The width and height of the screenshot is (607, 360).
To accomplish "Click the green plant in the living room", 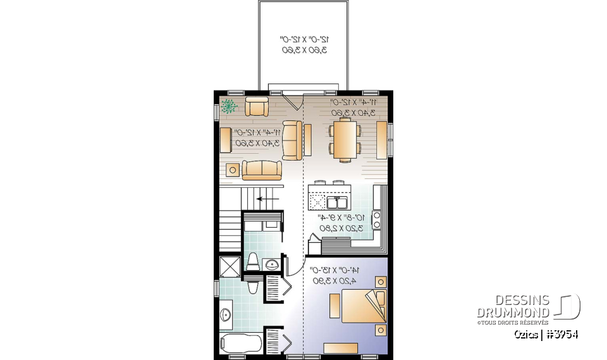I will [228, 106].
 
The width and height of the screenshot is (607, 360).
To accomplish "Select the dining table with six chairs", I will [345, 139].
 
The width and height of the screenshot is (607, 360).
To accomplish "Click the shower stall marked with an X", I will [229, 266].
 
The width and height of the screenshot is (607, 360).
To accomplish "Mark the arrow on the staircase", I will [268, 198].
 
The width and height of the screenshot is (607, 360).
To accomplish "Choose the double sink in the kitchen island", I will [337, 202].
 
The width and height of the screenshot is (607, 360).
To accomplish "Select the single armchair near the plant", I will [257, 107].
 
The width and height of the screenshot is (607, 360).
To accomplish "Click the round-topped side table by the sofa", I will [233, 169].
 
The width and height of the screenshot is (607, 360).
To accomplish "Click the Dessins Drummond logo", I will [527, 307].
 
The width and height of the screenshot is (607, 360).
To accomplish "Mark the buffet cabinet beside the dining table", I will [381, 140].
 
